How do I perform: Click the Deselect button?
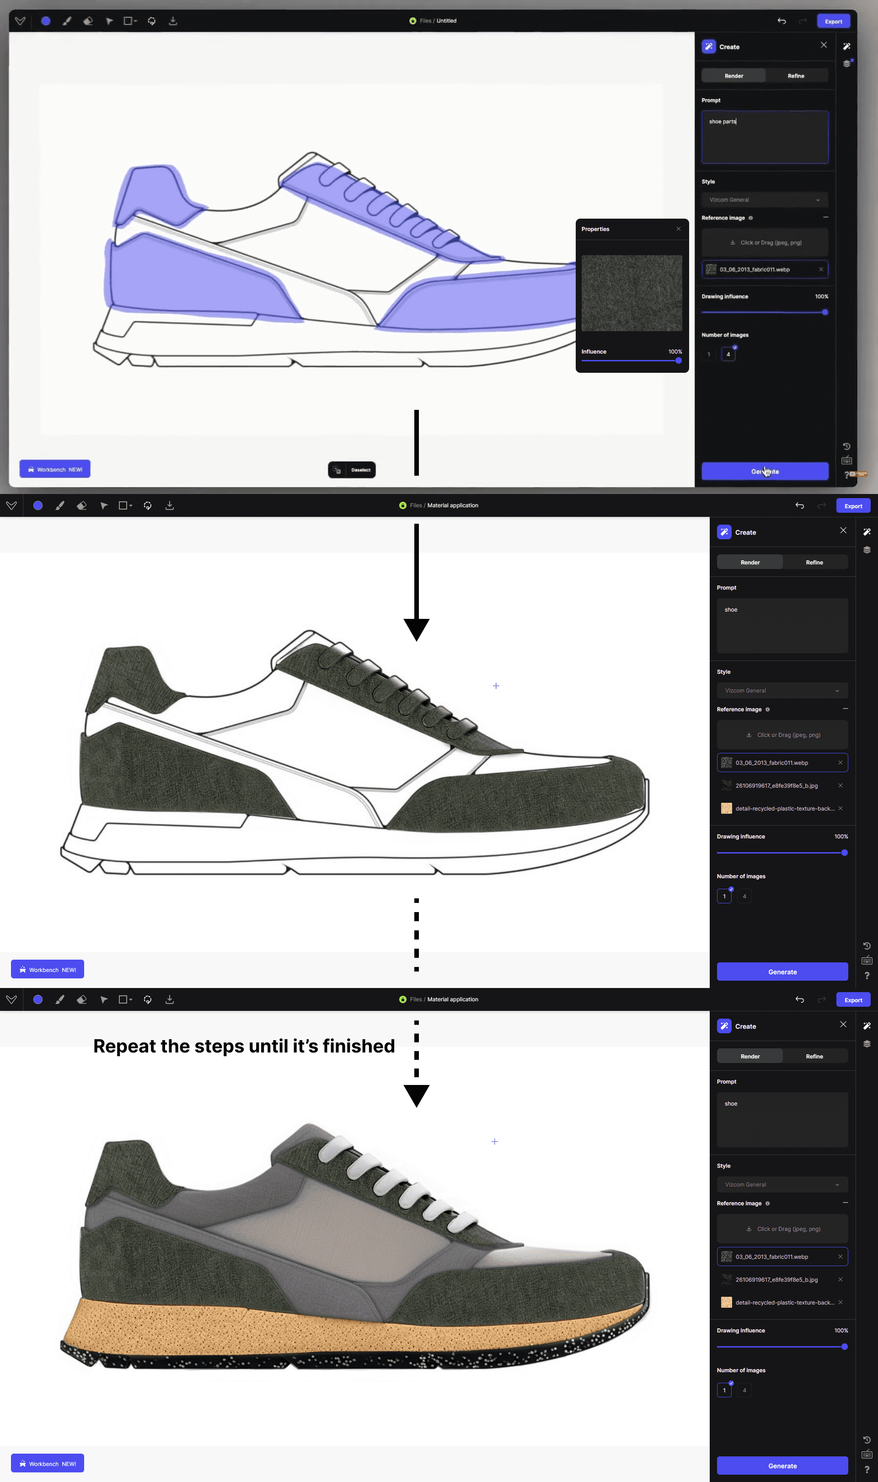[352, 470]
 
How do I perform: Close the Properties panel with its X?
[679, 229]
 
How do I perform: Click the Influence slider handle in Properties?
[678, 360]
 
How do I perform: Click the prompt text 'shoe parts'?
[723, 122]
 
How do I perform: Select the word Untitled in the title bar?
[446, 21]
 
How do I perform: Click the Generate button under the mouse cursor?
[765, 472]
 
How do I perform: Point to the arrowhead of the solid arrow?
[417, 629]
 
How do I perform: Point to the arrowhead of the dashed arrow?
[417, 1095]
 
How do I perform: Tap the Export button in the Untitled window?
[833, 21]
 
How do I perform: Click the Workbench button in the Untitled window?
[55, 469]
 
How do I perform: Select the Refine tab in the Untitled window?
[796, 76]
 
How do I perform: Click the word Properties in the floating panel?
[595, 229]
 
